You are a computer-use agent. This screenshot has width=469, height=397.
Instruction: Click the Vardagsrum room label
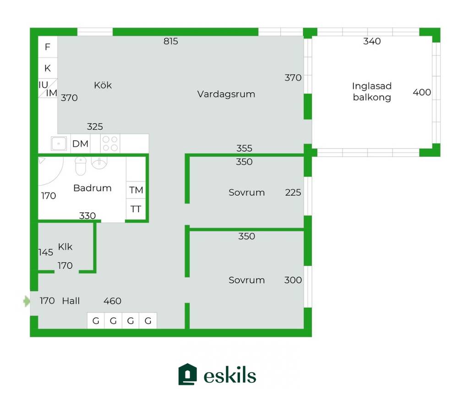(x=226, y=94)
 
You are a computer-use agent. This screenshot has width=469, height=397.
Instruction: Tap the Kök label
(x=103, y=85)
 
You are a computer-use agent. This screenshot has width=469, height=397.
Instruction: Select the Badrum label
(x=92, y=188)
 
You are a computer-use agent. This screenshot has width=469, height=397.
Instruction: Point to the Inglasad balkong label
(x=372, y=92)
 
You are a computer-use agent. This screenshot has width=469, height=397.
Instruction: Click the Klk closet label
(x=65, y=247)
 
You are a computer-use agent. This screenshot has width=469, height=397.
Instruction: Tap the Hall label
(x=71, y=301)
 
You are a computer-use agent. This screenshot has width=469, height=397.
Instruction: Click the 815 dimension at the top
(x=170, y=41)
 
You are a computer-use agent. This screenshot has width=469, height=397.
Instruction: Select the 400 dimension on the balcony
(x=422, y=92)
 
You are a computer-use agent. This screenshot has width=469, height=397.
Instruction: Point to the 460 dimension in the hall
(x=112, y=301)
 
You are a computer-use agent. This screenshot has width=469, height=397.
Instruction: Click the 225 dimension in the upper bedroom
(x=293, y=192)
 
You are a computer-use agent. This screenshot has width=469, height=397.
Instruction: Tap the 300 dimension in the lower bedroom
(x=293, y=280)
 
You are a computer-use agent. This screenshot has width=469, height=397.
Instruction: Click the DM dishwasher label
(x=80, y=143)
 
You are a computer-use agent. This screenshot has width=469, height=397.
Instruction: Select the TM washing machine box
(x=136, y=190)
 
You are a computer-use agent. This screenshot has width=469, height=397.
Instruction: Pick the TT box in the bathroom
(x=136, y=209)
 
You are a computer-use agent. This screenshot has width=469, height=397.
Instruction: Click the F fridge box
(x=48, y=47)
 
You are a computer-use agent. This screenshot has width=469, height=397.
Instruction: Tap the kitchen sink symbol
(x=59, y=143)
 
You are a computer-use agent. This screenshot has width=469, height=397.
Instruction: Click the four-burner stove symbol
(x=110, y=143)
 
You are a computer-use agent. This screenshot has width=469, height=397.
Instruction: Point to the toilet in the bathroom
(x=81, y=165)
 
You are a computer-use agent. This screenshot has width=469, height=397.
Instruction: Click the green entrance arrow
(x=27, y=301)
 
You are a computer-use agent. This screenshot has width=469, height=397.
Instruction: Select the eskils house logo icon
(x=187, y=374)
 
